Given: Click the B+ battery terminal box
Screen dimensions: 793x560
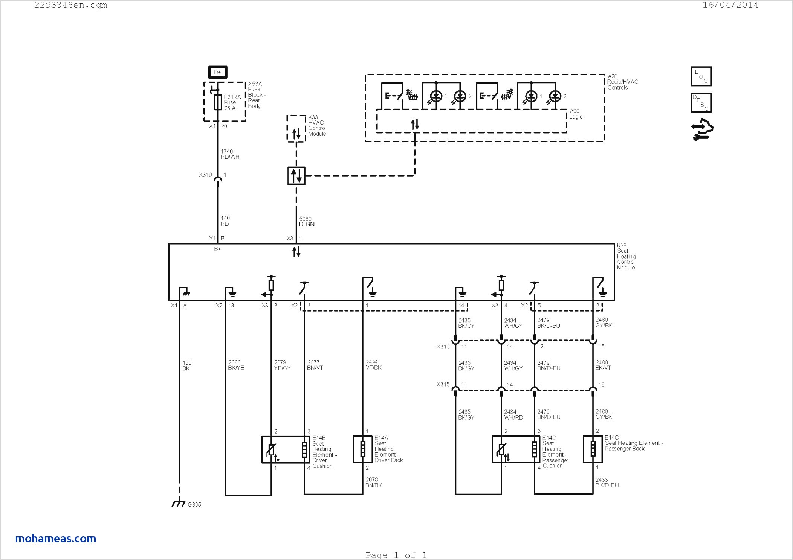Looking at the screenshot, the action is (x=218, y=72).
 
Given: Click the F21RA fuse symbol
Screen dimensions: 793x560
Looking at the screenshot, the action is (x=218, y=102).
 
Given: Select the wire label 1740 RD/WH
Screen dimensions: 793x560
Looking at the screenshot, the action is (x=230, y=154).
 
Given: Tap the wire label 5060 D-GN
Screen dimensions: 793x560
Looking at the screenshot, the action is (x=307, y=221).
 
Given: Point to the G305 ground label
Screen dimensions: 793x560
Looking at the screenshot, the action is (x=194, y=504).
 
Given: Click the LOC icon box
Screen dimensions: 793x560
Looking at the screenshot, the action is (x=701, y=76).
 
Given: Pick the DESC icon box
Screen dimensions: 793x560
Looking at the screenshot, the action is (x=701, y=103).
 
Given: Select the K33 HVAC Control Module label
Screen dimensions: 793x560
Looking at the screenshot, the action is (x=317, y=126).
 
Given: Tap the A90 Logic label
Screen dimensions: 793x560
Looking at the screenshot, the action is (x=576, y=114).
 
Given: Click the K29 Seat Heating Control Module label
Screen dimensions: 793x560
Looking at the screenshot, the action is (x=626, y=256).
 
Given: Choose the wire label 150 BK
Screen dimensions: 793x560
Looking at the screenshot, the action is (x=187, y=365).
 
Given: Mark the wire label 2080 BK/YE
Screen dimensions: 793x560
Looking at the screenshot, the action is (x=236, y=365).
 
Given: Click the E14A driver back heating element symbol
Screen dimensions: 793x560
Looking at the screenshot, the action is (x=363, y=449).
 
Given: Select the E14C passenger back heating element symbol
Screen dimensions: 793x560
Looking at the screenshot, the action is (x=593, y=449).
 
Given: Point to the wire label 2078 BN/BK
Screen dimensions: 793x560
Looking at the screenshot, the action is (x=374, y=482).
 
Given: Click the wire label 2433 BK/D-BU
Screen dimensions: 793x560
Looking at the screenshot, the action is (x=607, y=482).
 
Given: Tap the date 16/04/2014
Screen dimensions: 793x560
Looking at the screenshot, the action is (x=730, y=5).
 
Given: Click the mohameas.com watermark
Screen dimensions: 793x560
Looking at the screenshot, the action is (x=56, y=539).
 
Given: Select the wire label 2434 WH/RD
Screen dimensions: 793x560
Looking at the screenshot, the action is (x=513, y=415).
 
